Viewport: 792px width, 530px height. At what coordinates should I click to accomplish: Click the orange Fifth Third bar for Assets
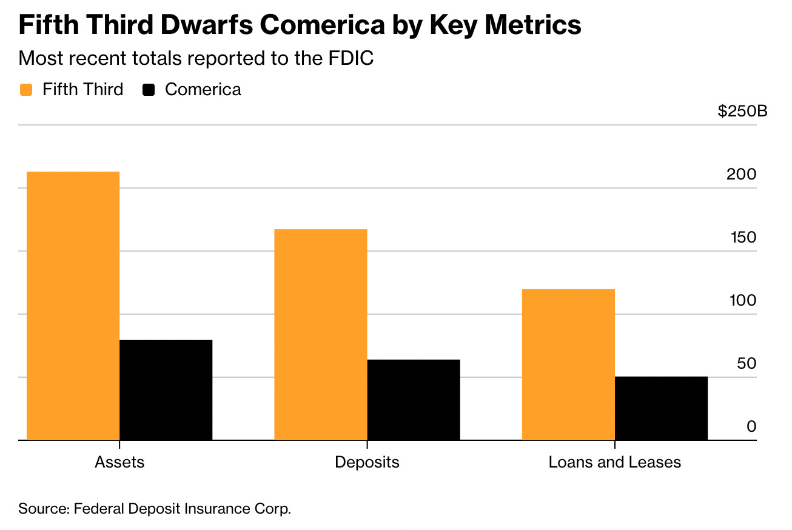(73, 306)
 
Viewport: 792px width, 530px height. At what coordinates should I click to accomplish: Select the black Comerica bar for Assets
(166, 390)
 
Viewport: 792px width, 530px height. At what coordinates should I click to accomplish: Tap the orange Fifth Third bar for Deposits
(320, 334)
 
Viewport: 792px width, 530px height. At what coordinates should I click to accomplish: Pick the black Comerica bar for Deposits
(413, 400)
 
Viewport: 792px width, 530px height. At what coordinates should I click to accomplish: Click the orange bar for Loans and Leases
(568, 364)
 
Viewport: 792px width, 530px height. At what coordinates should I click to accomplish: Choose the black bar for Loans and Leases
(661, 408)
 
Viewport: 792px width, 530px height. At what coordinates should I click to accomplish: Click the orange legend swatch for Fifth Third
(26, 90)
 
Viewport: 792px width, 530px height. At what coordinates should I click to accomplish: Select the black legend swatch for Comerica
(149, 90)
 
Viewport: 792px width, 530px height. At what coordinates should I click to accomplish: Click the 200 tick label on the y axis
(741, 175)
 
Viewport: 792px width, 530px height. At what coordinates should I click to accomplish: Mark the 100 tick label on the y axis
(741, 301)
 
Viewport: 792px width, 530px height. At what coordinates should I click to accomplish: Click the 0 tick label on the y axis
(751, 427)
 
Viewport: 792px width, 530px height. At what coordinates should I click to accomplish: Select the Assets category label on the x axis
(119, 462)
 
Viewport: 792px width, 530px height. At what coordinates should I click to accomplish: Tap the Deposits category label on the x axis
(367, 462)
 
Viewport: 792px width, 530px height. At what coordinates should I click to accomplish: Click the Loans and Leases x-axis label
(614, 462)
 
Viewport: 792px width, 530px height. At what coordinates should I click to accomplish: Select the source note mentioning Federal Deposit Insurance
(155, 508)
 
